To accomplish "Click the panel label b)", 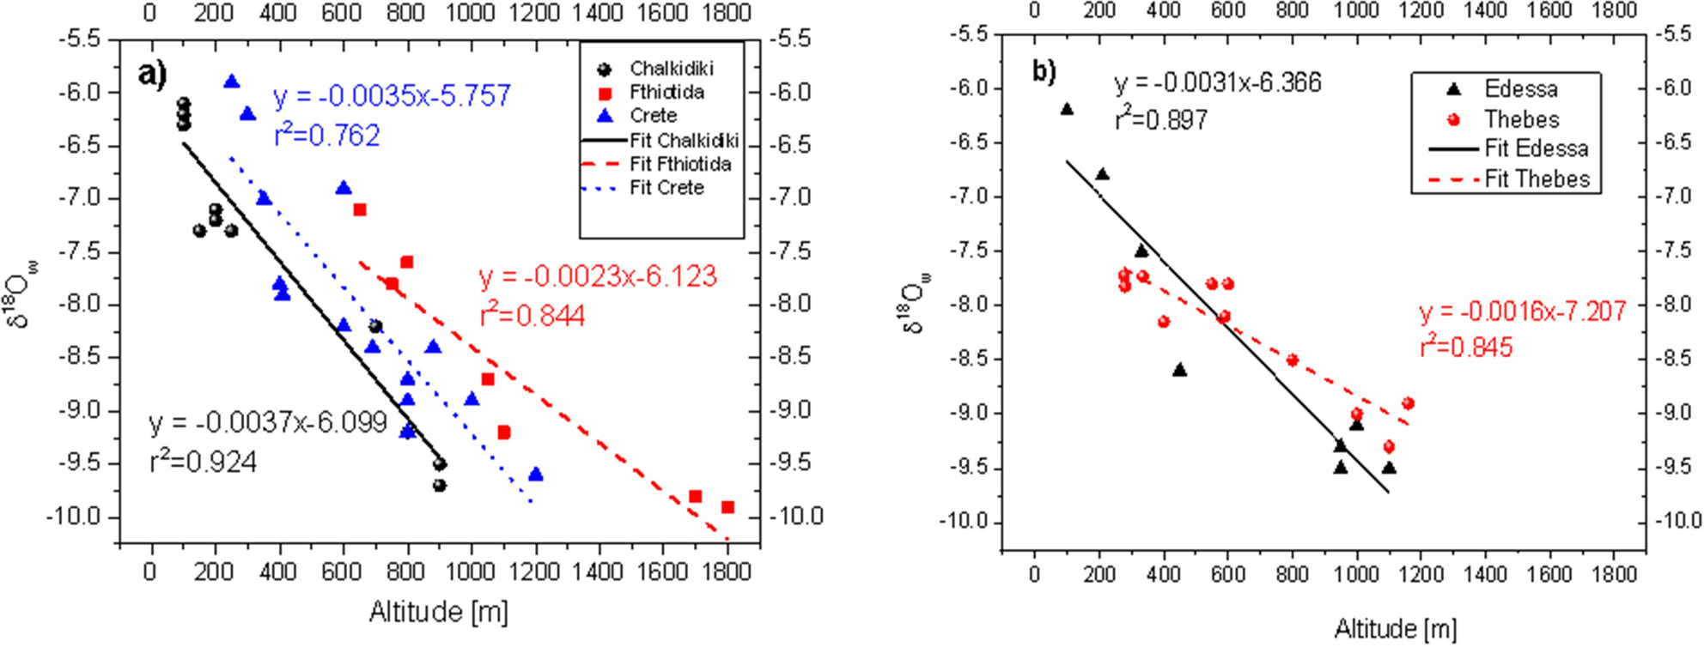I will click(x=1044, y=71).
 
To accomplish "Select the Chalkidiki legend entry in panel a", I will click(x=671, y=69).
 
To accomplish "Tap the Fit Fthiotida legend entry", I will click(x=679, y=164).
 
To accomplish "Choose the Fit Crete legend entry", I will click(x=666, y=187).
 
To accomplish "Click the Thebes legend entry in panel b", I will click(x=1520, y=119).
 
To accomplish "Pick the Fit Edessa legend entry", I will click(x=1536, y=148).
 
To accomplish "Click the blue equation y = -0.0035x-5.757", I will click(x=392, y=95).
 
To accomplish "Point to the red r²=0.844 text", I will click(x=532, y=316).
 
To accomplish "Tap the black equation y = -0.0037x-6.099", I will click(x=268, y=423).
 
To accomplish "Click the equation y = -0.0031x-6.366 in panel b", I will click(x=1217, y=83).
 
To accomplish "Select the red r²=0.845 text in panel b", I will click(x=1465, y=347).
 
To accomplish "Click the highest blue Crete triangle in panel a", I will click(x=231, y=82).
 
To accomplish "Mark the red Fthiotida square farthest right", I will click(x=727, y=507).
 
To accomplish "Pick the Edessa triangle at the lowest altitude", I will click(x=1067, y=109).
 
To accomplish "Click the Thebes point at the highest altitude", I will click(x=1408, y=403).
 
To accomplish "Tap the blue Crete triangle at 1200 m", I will click(x=536, y=475).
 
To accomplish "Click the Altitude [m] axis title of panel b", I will click(x=1395, y=629).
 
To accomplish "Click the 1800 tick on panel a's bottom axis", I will click(x=726, y=571).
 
